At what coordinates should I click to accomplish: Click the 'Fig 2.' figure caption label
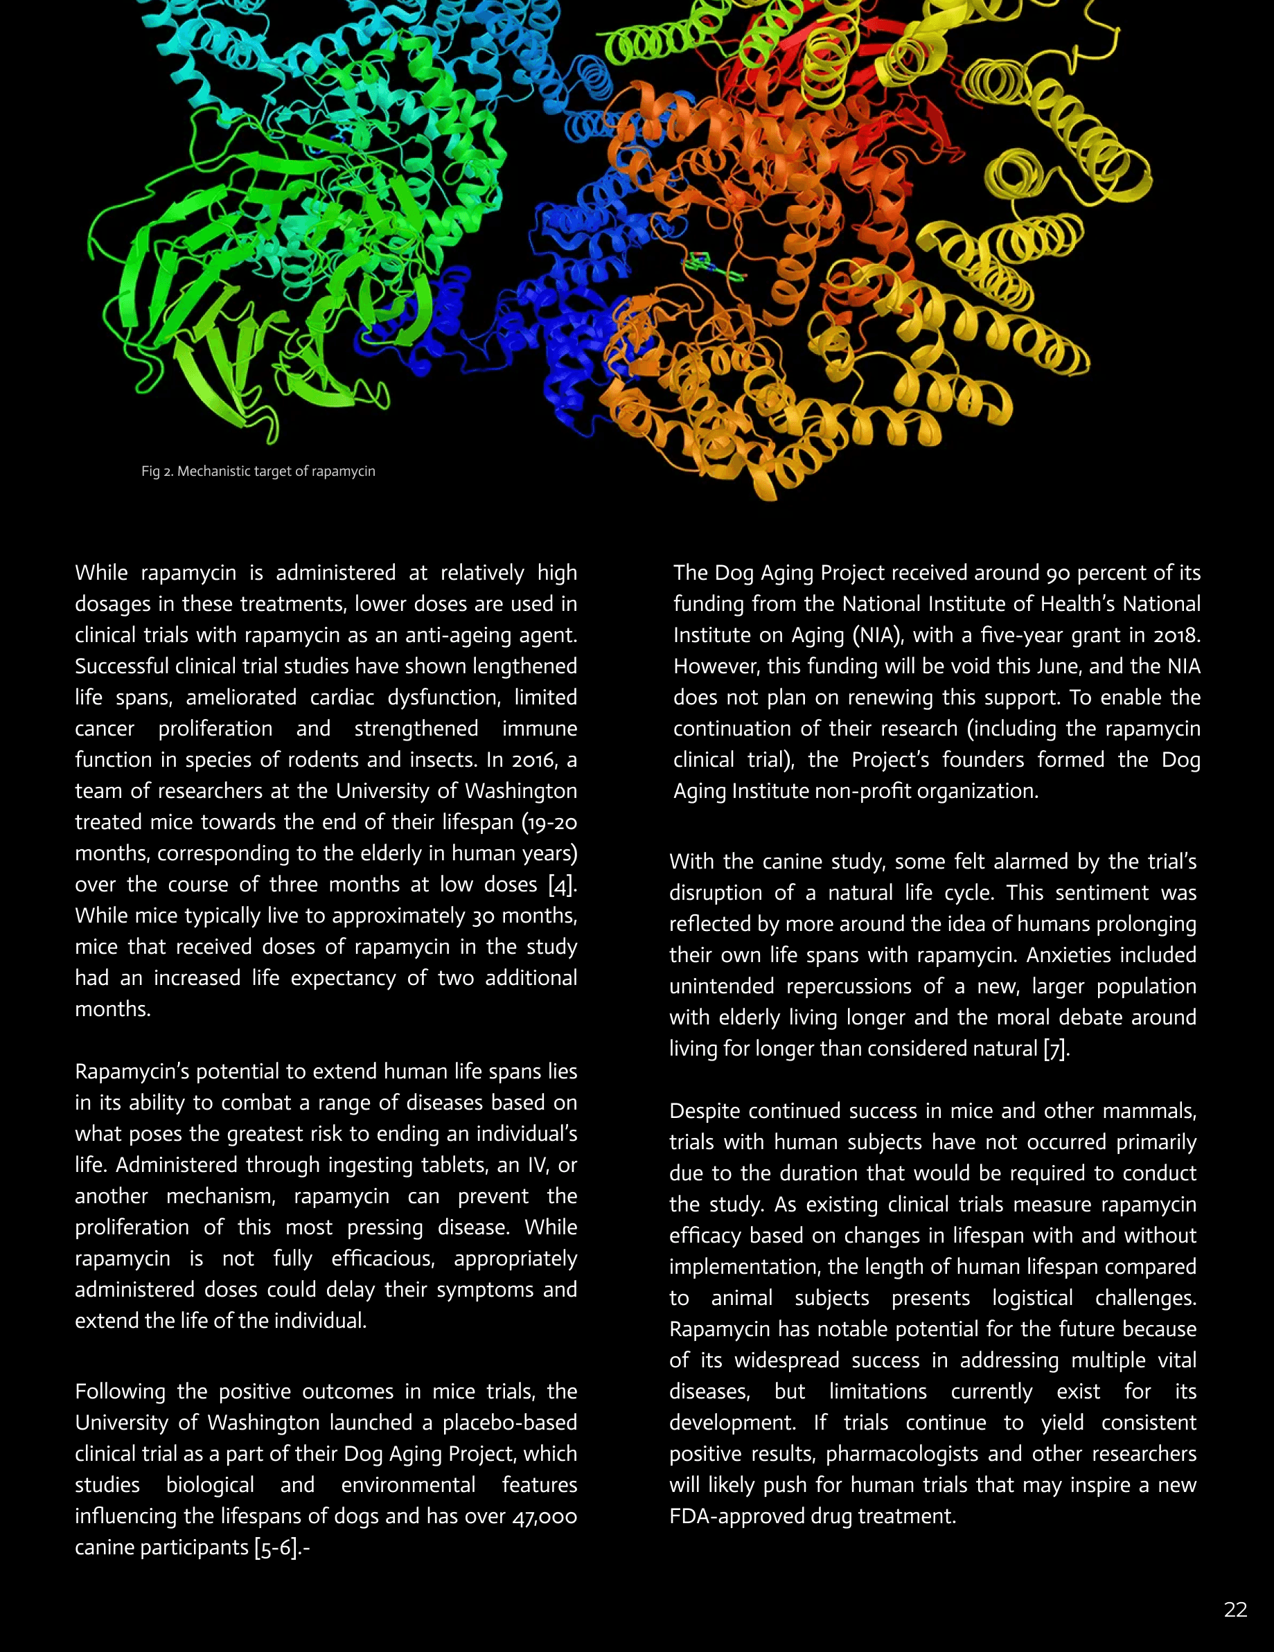pyautogui.click(x=157, y=471)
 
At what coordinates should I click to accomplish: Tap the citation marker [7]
pyautogui.click(x=1056, y=1049)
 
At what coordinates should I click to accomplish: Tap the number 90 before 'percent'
pyautogui.click(x=1058, y=573)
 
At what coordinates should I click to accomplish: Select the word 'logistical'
pyautogui.click(x=1032, y=1298)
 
